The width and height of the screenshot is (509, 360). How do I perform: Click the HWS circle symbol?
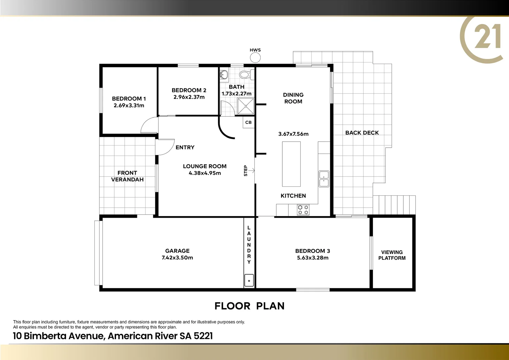tap(255, 58)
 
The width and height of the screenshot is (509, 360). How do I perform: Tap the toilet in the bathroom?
tap(246, 75)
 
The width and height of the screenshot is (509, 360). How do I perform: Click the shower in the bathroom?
tap(246, 106)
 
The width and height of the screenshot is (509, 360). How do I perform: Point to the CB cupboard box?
tap(248, 122)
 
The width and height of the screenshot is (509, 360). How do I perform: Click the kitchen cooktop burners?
tap(303, 210)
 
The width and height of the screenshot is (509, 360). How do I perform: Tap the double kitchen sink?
tap(324, 179)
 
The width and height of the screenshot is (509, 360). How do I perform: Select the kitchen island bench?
tap(291, 164)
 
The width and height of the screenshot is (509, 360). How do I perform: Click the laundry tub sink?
tap(249, 280)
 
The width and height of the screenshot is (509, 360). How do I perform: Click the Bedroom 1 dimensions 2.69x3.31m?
tap(129, 106)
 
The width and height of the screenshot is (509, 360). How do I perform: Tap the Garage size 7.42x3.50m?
tap(177, 258)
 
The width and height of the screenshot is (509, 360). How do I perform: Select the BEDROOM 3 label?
tap(312, 251)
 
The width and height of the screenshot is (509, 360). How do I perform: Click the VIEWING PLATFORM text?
tap(392, 255)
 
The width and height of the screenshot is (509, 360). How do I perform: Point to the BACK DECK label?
tap(362, 133)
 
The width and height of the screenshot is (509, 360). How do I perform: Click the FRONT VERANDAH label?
tap(127, 176)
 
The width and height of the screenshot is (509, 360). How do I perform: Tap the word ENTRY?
tap(185, 147)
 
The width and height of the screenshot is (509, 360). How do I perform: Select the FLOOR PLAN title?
tap(249, 306)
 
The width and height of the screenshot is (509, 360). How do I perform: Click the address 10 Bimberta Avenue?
tap(113, 336)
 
